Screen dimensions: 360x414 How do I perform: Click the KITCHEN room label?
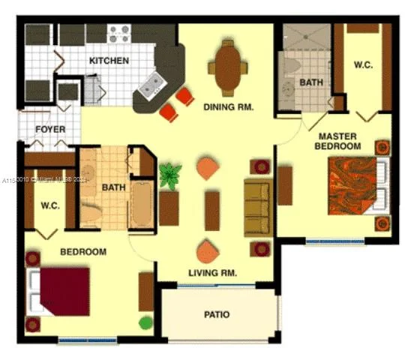tap(109, 61)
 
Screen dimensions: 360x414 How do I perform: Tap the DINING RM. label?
tap(228, 107)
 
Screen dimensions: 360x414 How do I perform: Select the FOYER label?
tap(50, 130)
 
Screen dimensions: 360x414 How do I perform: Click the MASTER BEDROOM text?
tap(337, 141)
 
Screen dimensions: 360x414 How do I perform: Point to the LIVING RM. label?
tap(212, 274)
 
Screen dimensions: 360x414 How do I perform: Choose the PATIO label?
tap(217, 314)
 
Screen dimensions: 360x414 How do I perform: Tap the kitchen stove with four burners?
tap(118, 34)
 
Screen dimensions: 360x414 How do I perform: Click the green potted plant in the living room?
tap(170, 176)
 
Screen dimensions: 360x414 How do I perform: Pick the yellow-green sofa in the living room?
tap(257, 208)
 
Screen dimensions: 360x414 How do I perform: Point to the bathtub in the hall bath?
tap(140, 204)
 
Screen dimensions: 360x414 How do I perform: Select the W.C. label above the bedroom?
tap(50, 205)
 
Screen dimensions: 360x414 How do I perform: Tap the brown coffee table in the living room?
tap(212, 209)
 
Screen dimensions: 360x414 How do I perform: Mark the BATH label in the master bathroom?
tap(310, 82)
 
